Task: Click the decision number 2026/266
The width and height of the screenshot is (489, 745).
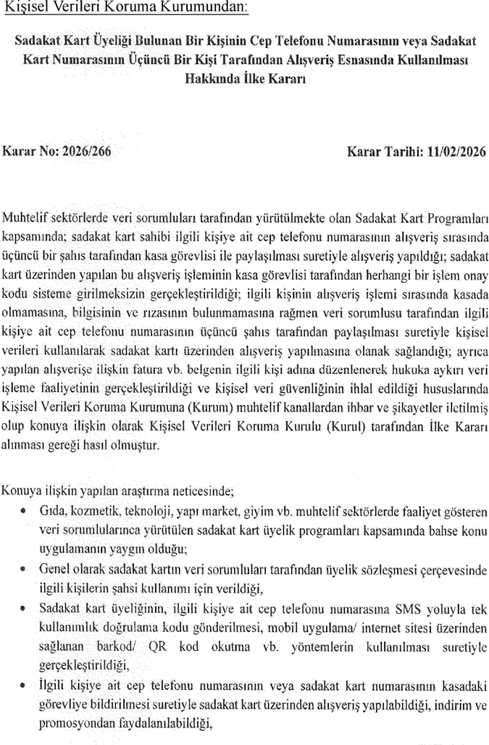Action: tap(88, 153)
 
